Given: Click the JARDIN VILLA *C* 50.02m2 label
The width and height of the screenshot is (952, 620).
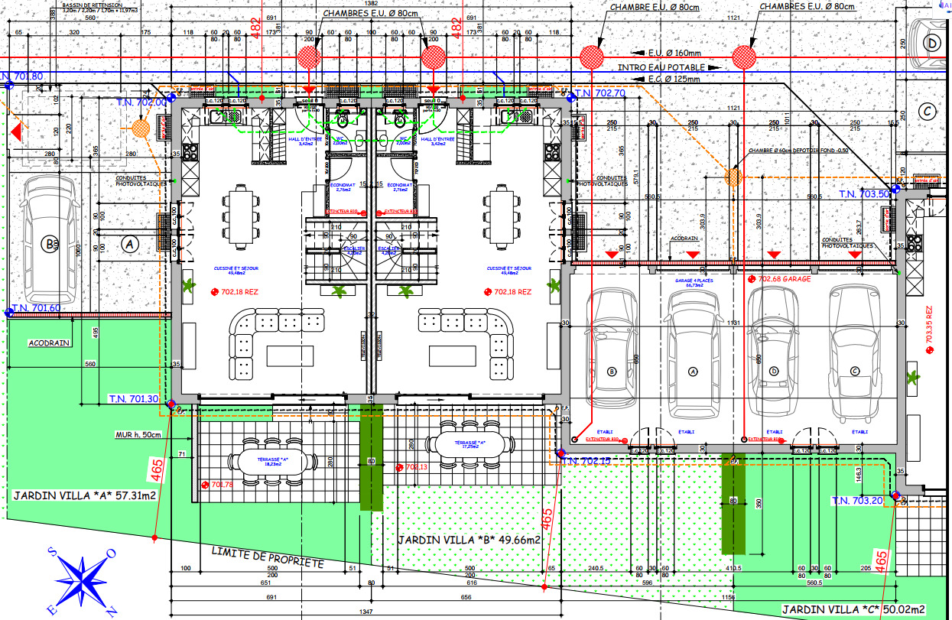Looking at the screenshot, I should [853, 610].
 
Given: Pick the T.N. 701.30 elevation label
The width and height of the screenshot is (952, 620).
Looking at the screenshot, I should [133, 399].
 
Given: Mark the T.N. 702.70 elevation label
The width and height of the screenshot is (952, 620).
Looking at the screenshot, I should [600, 93].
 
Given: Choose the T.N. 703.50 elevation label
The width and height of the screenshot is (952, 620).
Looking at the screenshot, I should [864, 194].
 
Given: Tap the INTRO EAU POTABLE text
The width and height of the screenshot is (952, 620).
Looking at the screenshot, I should [662, 68].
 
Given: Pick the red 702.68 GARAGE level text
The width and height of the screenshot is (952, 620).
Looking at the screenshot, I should [788, 280].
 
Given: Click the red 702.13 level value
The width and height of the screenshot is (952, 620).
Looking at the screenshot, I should [415, 467].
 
